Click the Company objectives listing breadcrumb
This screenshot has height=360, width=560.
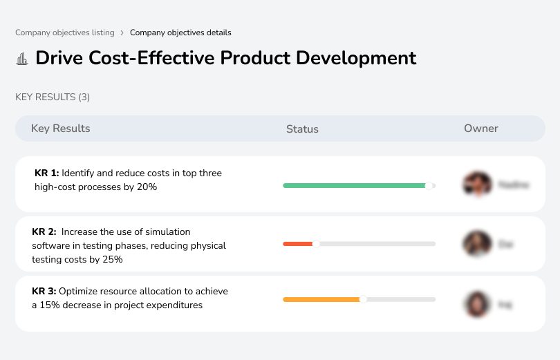(64, 32)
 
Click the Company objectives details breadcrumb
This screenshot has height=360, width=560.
(180, 32)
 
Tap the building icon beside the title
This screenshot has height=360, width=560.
(22, 59)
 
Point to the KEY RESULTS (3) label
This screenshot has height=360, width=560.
(53, 97)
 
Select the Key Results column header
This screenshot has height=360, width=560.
(61, 129)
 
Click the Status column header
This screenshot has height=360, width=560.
(302, 129)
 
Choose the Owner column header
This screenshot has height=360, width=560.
(481, 129)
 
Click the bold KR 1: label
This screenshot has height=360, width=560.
(47, 173)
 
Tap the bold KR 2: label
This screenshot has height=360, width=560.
(44, 232)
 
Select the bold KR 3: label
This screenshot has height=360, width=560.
(44, 292)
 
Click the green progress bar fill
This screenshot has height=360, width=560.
(354, 186)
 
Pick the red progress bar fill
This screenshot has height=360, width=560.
(297, 244)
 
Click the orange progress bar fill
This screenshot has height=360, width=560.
(321, 299)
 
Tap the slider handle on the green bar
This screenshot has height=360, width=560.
(429, 186)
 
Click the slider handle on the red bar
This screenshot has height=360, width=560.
(316, 243)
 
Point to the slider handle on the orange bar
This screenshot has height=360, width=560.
(363, 299)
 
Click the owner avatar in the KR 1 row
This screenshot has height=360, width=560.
(477, 184)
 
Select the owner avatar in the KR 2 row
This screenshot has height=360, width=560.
(477, 244)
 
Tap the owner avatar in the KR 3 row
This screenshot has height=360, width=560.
(477, 304)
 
